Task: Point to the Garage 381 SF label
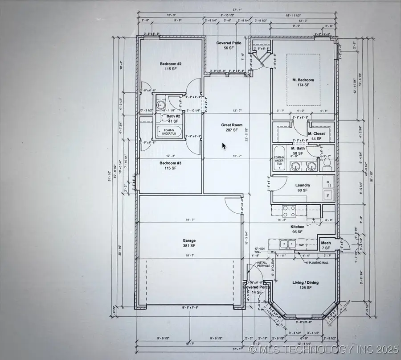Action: [x=189, y=243]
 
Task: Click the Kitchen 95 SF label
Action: [x=297, y=229]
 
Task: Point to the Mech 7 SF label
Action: [x=326, y=245]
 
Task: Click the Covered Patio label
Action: [x=229, y=45]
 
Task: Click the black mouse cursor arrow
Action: [x=225, y=146]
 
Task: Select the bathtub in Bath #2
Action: [x=167, y=131]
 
